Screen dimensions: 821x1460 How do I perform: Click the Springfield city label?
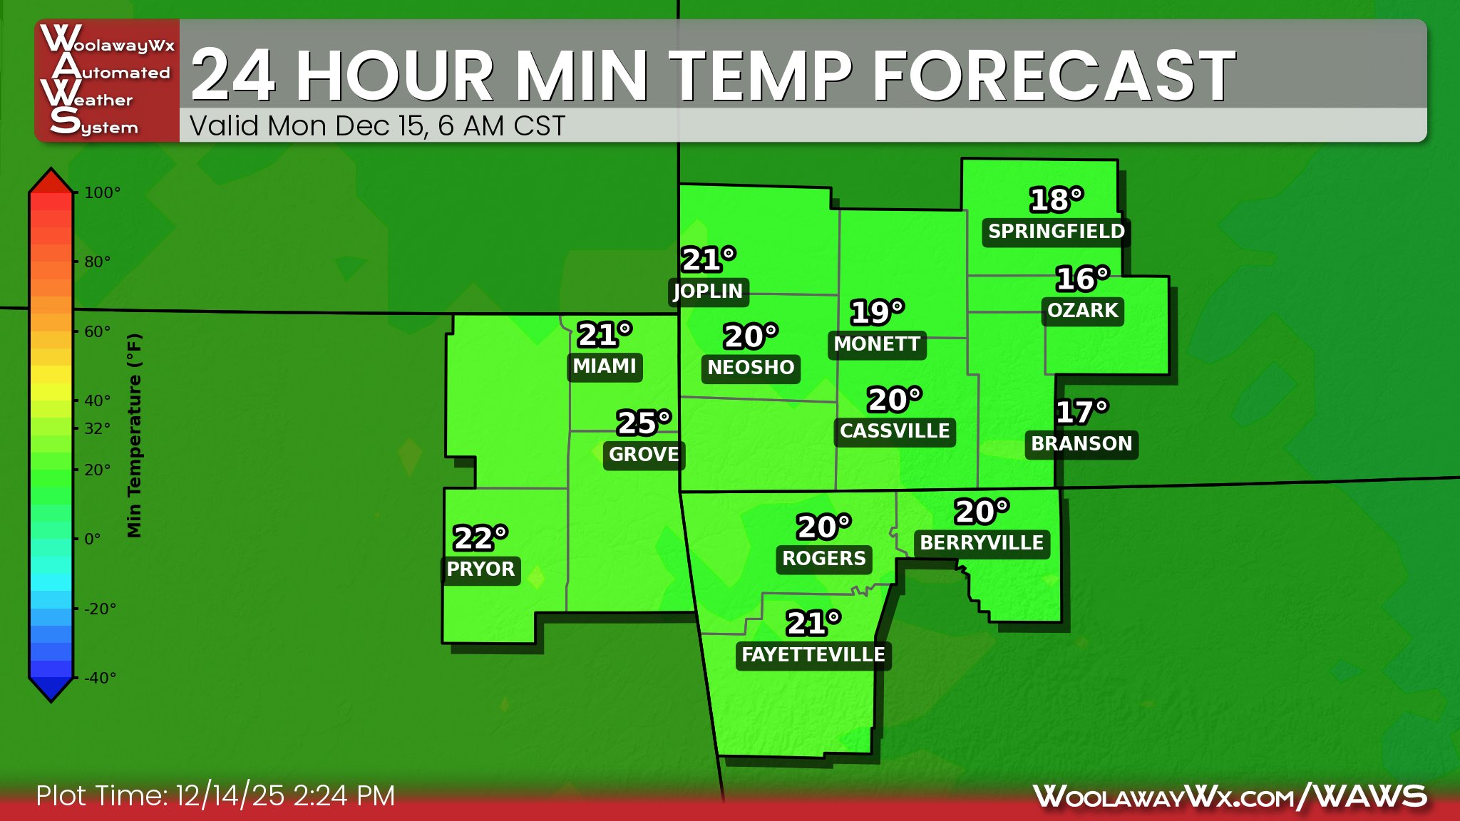[x=1056, y=232]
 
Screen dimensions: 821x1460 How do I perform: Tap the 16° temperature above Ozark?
[x=1082, y=279]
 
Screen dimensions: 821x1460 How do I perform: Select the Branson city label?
[x=1081, y=444]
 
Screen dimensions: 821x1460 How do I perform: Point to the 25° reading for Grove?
[x=644, y=423]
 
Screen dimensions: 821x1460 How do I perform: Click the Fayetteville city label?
[x=813, y=655]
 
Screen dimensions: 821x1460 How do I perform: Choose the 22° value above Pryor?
[x=480, y=538]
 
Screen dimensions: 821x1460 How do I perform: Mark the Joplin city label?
[x=708, y=291]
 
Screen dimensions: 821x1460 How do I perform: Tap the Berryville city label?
[x=982, y=543]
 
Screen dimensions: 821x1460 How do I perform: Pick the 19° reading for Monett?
[x=877, y=312]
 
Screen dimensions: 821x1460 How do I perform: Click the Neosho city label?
[x=751, y=368]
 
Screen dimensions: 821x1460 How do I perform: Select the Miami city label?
[x=605, y=366]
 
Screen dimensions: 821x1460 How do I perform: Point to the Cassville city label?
[x=895, y=431]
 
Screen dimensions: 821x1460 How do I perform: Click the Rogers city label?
[x=824, y=559]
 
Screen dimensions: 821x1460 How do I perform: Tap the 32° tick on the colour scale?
[x=97, y=428]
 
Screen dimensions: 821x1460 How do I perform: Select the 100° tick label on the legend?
[x=102, y=192]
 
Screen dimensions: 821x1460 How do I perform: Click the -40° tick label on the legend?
[x=100, y=678]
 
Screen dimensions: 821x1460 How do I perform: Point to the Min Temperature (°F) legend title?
[x=135, y=435]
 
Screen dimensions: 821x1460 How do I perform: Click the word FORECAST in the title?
[x=1054, y=75]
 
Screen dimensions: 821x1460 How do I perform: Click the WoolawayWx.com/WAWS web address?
[x=1230, y=796]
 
